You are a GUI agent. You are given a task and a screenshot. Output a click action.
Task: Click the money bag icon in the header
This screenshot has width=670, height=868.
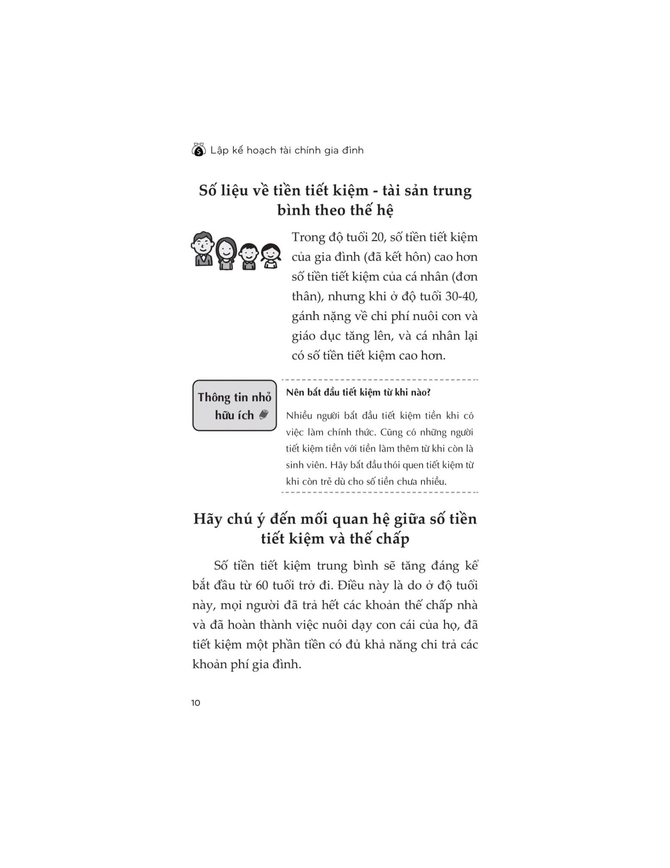[x=199, y=150]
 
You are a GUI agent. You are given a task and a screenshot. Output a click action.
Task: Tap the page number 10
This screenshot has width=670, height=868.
[x=196, y=703]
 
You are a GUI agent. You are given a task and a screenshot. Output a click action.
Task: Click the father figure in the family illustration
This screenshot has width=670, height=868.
[x=203, y=249]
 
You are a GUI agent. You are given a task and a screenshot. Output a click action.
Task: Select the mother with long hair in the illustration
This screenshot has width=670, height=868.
[x=226, y=253]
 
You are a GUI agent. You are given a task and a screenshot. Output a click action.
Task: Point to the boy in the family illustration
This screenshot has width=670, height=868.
[x=249, y=256]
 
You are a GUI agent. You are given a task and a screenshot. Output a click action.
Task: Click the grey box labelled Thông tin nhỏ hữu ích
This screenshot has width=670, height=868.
[x=234, y=406]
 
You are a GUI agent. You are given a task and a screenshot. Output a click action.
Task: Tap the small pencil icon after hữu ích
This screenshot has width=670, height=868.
[x=263, y=415]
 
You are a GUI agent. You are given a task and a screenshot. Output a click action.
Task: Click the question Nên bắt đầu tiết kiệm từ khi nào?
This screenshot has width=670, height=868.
[x=358, y=392]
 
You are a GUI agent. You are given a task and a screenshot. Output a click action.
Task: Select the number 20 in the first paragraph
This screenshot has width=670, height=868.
[x=377, y=237]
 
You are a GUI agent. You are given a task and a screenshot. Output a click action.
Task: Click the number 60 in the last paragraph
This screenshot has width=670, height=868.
[x=262, y=585]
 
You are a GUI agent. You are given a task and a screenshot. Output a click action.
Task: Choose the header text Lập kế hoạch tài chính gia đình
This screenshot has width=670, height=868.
[x=287, y=150]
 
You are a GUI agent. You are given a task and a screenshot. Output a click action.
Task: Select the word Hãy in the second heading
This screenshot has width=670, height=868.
[x=208, y=519]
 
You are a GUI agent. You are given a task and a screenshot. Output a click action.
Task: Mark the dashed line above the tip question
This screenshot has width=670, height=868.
[x=380, y=380]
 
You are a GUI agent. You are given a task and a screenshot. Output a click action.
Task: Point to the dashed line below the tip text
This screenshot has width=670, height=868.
[x=380, y=492]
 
